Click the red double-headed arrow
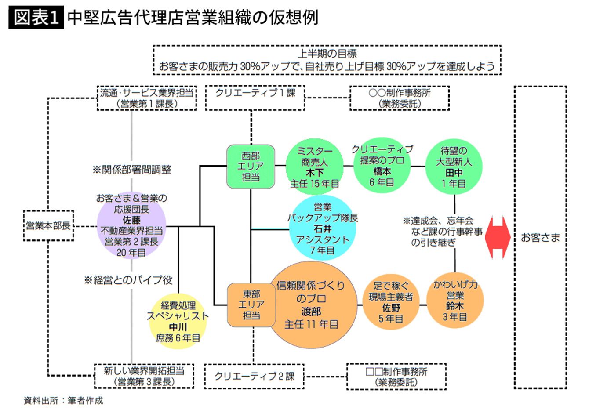click(x=498, y=237)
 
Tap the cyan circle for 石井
click(x=322, y=228)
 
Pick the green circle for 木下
click(x=314, y=167)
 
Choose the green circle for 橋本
click(x=382, y=166)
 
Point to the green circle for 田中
click(x=454, y=167)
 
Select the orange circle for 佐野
click(x=390, y=302)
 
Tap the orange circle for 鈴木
click(x=455, y=301)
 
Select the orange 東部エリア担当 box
click(x=251, y=305)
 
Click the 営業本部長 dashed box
click(x=48, y=226)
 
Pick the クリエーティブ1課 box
click(x=255, y=98)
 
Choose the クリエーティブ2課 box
click(x=254, y=377)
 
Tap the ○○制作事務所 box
click(x=400, y=98)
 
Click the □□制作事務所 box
click(x=396, y=377)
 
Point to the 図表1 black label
click(x=36, y=18)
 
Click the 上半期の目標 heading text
click(x=327, y=54)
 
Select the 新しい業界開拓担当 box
click(x=144, y=376)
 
